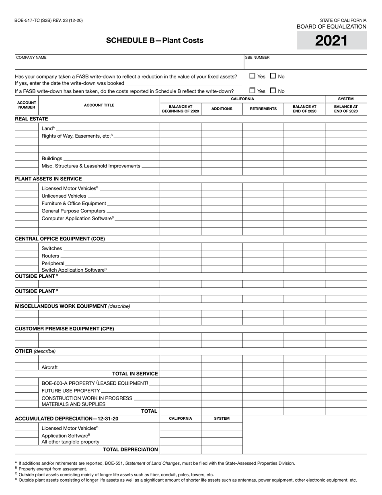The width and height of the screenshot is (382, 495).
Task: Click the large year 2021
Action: tap(331, 41)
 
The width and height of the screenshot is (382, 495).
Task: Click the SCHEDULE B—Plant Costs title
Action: tap(155, 40)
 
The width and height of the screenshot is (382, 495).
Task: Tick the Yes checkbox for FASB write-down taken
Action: tap(252, 76)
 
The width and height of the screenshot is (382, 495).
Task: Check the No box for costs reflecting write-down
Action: tap(273, 91)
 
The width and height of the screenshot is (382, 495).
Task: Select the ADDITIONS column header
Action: tap(222, 109)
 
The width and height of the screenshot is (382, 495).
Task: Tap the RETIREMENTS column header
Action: tap(263, 109)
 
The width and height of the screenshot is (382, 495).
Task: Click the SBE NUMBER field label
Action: tap(257, 58)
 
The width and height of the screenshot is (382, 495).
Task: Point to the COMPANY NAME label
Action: tap(31, 58)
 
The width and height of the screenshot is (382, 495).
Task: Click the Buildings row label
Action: tap(52, 159)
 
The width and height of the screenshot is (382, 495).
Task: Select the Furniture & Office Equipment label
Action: tap(74, 204)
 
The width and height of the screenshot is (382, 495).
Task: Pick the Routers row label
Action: tap(50, 256)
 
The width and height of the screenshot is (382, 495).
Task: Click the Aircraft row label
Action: tap(49, 367)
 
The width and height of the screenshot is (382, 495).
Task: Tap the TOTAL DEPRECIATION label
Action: tap(130, 450)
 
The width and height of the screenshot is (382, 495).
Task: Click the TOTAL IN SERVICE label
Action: tap(135, 374)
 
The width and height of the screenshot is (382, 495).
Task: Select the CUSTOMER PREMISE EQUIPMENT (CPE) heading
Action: tap(64, 329)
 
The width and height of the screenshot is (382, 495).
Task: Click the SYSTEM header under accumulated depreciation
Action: tap(222, 419)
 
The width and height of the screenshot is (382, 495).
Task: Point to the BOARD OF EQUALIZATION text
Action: tap(331, 27)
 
